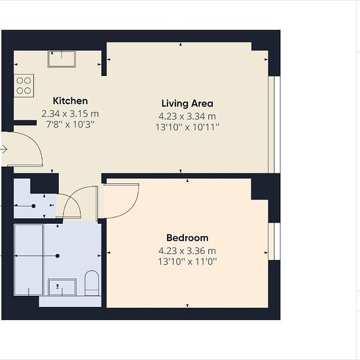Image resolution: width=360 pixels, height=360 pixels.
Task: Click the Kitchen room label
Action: tap(70, 101)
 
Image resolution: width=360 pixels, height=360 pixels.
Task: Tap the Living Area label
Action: tap(187, 103)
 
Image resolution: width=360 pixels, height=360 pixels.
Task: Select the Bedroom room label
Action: tap(187, 238)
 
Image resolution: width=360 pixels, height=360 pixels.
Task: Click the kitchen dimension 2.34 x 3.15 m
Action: tap(70, 114)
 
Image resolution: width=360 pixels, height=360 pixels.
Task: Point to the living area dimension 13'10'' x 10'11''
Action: tap(187, 127)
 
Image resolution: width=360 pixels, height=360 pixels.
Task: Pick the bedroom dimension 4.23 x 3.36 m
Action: tap(187, 251)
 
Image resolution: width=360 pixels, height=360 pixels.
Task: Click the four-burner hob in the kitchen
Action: tap(24, 86)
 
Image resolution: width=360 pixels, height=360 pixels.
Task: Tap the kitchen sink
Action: tap(62, 59)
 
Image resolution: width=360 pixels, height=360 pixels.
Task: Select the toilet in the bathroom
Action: tap(92, 283)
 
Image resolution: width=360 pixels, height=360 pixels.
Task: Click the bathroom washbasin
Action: tap(62, 287)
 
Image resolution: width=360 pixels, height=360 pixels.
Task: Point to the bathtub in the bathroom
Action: tap(28, 260)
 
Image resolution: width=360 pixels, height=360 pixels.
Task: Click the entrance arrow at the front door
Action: tap(4, 149)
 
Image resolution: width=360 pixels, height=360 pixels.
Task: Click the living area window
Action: tap(274, 124)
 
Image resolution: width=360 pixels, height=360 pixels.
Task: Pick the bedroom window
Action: tap(274, 242)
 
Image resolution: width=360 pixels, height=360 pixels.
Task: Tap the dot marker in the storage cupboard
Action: tap(33, 206)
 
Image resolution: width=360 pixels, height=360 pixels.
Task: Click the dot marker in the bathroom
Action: tap(58, 256)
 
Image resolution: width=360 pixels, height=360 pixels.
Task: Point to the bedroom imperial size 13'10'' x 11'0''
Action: tap(187, 262)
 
